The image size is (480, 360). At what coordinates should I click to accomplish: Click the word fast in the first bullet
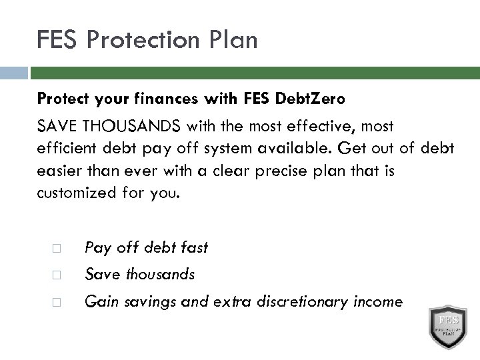pyautogui.click(x=193, y=247)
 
